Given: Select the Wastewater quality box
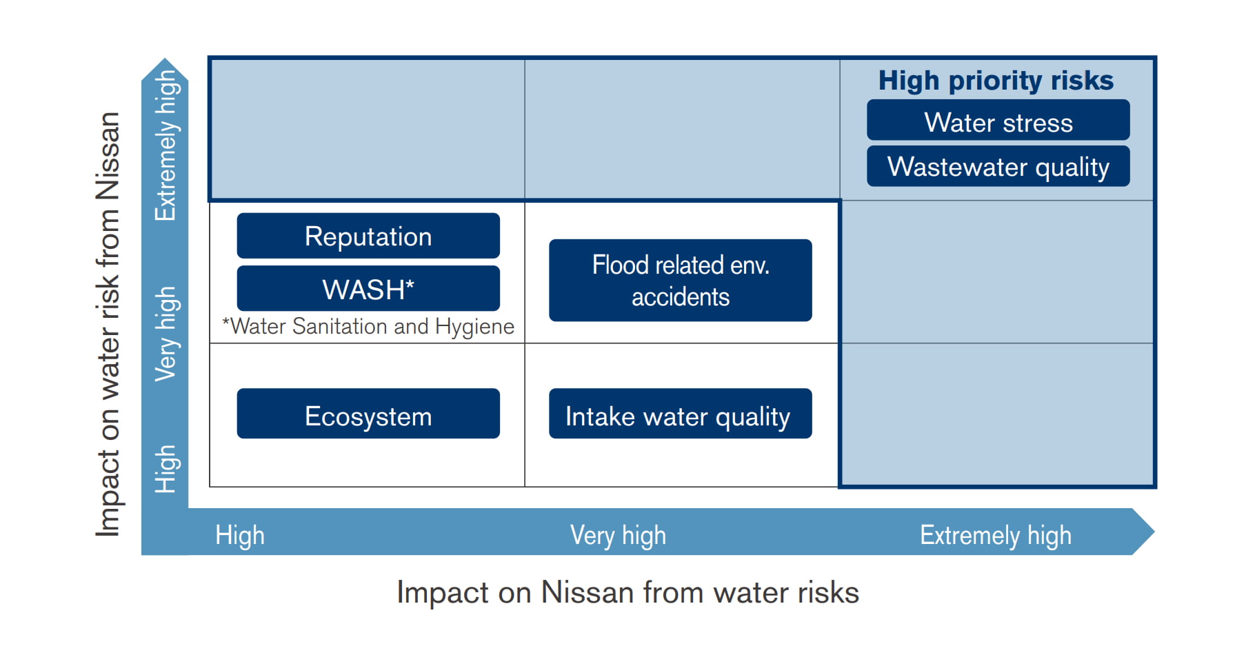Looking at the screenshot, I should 998,166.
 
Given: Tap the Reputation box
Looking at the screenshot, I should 368,236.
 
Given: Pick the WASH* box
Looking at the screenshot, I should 368,289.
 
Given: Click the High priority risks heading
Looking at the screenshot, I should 996,81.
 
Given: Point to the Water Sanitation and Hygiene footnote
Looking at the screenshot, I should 368,326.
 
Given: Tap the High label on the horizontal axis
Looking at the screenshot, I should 240,535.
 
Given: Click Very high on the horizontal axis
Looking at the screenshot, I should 618,535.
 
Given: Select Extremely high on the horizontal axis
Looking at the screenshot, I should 995,535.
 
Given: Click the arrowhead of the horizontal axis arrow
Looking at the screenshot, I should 1143,532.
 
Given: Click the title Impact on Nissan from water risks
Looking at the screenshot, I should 627,593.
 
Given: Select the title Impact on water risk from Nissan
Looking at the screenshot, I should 108,324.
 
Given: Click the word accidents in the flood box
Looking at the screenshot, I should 680,297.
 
